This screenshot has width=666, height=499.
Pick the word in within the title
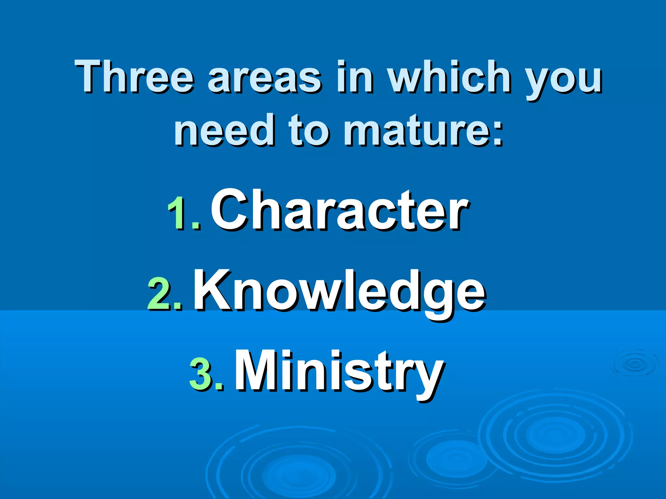(354, 77)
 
